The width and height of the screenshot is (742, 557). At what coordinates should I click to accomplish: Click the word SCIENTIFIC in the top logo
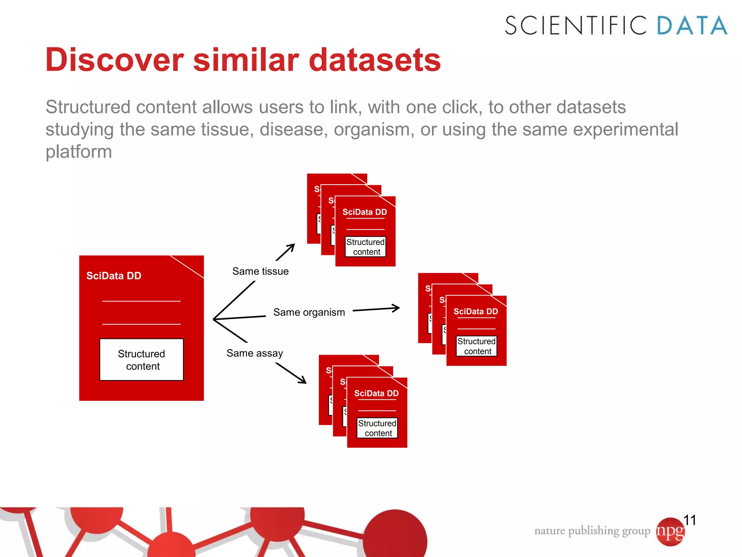coord(575,25)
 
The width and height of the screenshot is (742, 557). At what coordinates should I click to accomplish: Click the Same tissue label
coord(260,271)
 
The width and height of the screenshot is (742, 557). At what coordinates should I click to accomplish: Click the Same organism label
coord(309,312)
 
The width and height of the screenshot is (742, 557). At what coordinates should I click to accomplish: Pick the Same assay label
coord(254,353)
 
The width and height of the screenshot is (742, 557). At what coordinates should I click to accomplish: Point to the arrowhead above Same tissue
coord(292,247)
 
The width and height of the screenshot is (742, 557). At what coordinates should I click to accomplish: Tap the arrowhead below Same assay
coord(303,380)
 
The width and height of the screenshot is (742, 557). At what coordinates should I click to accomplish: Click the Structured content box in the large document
coord(141,360)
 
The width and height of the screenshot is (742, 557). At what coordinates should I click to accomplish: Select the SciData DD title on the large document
coord(114,276)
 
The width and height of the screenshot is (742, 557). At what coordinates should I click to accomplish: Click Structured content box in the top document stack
coord(365,247)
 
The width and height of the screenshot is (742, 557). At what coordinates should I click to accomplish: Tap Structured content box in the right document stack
coord(476,346)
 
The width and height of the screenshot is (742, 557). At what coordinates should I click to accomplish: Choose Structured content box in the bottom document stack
coord(377,428)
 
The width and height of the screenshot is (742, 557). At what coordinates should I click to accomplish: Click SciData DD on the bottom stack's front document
coord(376,393)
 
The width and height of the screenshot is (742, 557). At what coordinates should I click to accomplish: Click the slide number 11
coord(689,520)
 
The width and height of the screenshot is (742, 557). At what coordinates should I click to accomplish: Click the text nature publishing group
coord(592,531)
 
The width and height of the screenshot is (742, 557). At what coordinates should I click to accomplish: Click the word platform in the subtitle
coord(79,152)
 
